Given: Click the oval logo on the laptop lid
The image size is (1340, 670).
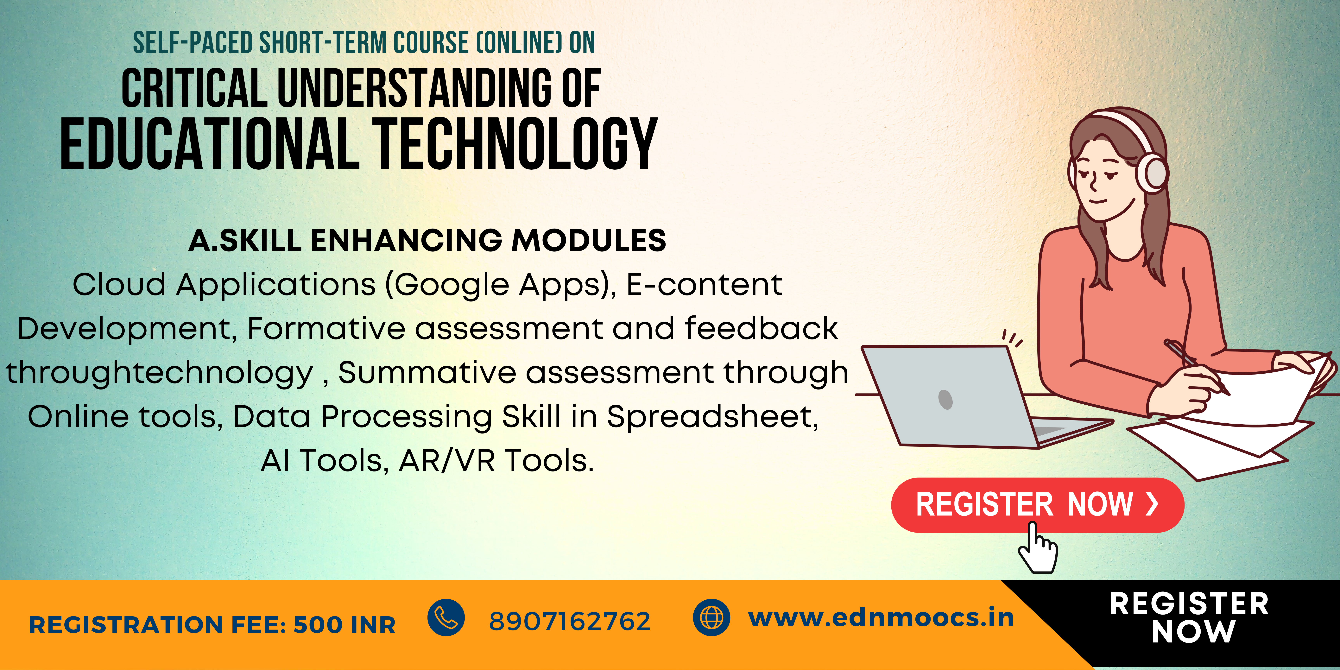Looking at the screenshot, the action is pyautogui.click(x=945, y=400).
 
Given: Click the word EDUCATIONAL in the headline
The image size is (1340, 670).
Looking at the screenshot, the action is pyautogui.click(x=210, y=144).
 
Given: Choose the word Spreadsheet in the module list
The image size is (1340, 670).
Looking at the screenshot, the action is pyautogui.click(x=713, y=417).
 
